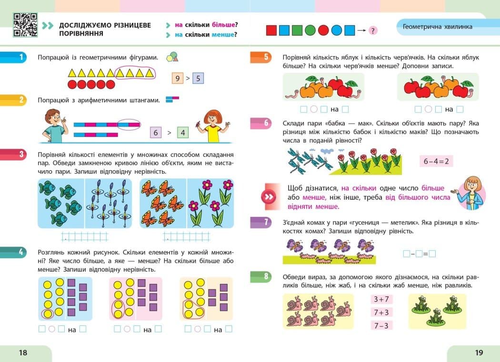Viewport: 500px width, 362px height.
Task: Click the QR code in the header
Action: pyautogui.click(x=25, y=25)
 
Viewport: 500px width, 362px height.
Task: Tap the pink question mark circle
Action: pyautogui.click(x=373, y=30)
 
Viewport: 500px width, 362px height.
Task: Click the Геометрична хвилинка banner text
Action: pyautogui.click(x=438, y=27)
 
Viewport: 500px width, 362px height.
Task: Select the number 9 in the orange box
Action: pyautogui.click(x=178, y=78)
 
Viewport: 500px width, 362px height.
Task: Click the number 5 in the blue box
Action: pyautogui.click(x=198, y=78)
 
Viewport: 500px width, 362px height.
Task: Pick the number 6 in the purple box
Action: pyautogui.click(x=156, y=133)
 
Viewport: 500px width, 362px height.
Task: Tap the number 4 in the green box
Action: pyautogui.click(x=183, y=133)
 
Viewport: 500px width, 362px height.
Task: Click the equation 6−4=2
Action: pyautogui.click(x=436, y=161)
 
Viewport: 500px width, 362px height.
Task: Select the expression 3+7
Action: pyautogui.click(x=381, y=299)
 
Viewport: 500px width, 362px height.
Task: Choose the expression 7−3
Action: pyautogui.click(x=381, y=326)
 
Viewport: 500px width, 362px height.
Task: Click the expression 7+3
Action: pyautogui.click(x=381, y=312)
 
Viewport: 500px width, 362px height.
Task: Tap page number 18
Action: pyautogui.click(x=23, y=352)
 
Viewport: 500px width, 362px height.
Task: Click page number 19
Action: pyautogui.click(x=479, y=352)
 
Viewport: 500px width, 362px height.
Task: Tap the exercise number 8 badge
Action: pyautogui.click(x=261, y=276)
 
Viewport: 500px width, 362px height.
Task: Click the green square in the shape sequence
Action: pyautogui.click(x=297, y=30)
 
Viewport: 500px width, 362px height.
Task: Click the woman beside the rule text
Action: pyautogui.click(x=470, y=193)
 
